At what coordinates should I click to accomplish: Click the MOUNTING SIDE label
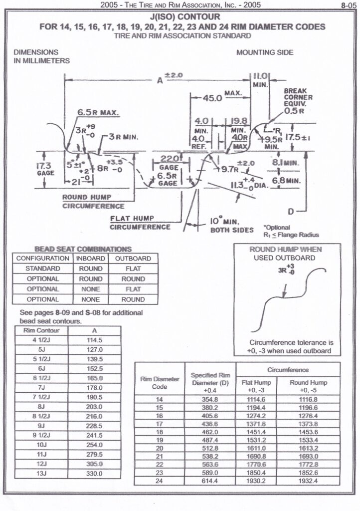(264, 52)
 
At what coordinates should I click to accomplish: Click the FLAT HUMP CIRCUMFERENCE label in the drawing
(140, 222)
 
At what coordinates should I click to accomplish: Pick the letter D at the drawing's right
(290, 209)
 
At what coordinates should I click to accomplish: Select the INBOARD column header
(90, 258)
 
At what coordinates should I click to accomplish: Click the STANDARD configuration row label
(43, 268)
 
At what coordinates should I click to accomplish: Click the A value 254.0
(94, 444)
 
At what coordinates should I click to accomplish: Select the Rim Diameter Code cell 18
(160, 431)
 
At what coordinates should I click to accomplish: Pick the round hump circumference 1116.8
(308, 399)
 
